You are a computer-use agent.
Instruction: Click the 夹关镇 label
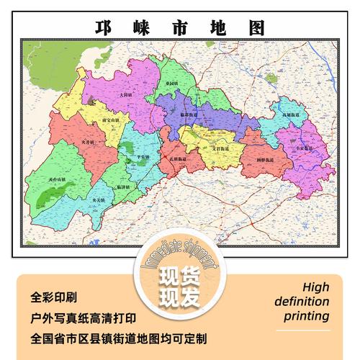point(99,199)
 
